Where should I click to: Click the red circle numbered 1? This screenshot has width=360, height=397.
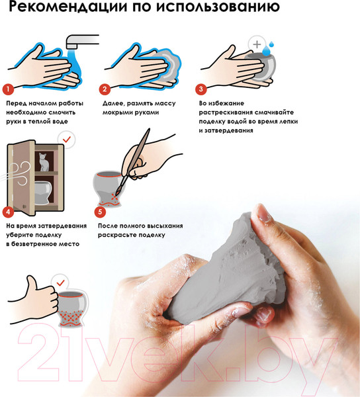(x=8, y=89)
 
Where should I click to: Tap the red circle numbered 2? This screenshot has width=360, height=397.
(x=105, y=89)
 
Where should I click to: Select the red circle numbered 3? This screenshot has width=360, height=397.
(x=201, y=89)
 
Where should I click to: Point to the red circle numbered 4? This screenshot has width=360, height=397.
(x=8, y=212)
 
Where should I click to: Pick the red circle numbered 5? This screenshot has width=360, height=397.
(x=100, y=212)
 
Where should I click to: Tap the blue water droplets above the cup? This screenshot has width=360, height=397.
(x=268, y=48)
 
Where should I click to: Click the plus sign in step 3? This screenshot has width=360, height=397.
(x=257, y=44)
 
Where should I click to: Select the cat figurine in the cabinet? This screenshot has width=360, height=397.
(x=44, y=162)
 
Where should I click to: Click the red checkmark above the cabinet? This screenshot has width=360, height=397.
(x=67, y=139)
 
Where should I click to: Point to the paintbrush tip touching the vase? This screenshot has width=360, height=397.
(x=118, y=193)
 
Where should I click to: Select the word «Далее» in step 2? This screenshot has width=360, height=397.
(x=113, y=104)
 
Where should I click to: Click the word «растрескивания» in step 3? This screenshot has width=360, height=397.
(x=225, y=112)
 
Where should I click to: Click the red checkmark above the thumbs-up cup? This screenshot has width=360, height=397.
(x=60, y=283)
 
